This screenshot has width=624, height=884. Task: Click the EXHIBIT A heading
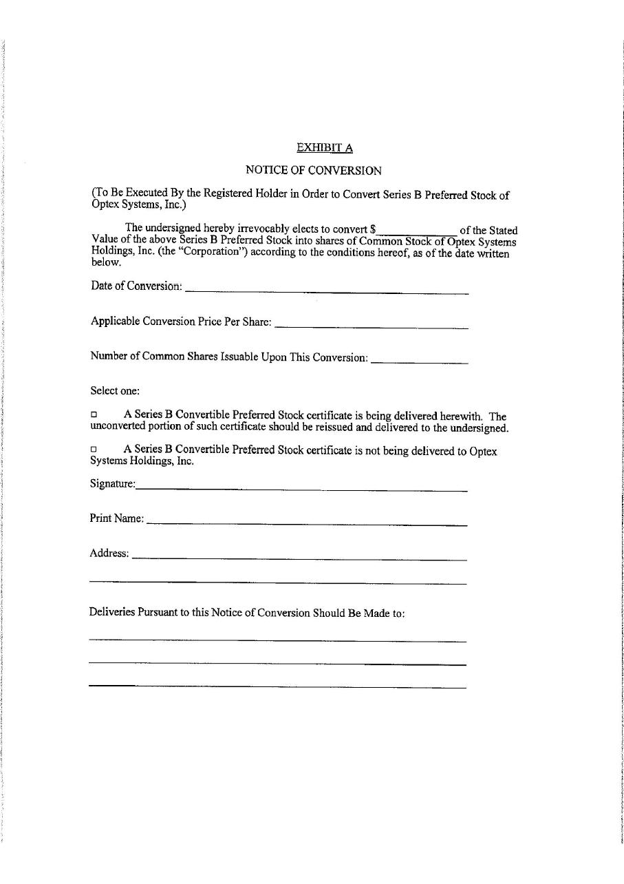pos(324,147)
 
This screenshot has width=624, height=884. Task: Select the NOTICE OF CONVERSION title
pos(313,170)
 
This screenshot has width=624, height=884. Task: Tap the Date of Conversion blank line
pos(327,291)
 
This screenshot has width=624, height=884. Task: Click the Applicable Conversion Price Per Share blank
pos(371,325)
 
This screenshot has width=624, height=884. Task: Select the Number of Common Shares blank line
pos(419,360)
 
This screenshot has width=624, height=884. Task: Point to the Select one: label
pos(115,390)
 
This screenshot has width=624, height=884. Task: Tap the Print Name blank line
pos(307,523)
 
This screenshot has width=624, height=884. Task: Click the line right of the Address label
pos(299,557)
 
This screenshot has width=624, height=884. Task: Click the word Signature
pos(111,483)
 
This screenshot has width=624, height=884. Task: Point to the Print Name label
pos(116,518)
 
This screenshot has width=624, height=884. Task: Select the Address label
pos(109,553)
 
